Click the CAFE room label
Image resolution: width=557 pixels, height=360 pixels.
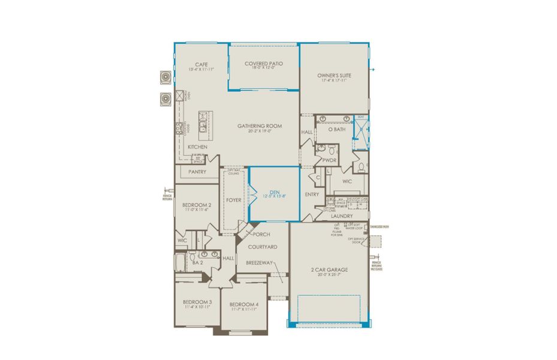(201, 64)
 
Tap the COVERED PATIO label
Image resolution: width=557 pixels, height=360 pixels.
(264, 63)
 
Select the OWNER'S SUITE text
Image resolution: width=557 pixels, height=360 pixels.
(334, 76)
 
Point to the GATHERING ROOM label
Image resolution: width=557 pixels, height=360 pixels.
(259, 125)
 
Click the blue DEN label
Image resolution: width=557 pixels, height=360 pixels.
(273, 192)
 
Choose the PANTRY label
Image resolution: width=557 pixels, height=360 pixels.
(197, 172)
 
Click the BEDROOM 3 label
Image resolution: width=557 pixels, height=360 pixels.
(197, 301)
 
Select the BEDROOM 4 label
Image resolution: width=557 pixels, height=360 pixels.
(244, 305)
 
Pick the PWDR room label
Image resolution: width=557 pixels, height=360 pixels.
(329, 160)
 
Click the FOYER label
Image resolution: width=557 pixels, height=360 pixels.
(233, 200)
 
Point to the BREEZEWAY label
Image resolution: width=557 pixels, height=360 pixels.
(258, 262)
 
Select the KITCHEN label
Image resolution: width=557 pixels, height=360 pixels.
(198, 146)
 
